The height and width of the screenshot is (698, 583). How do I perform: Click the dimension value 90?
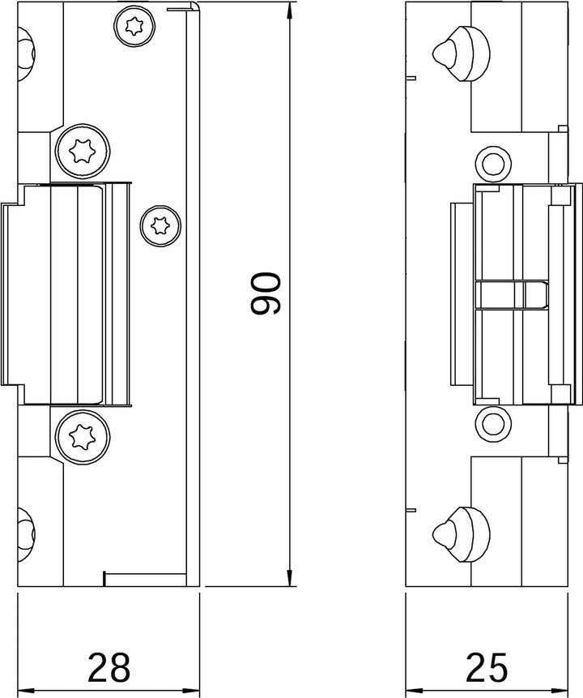click(x=266, y=293)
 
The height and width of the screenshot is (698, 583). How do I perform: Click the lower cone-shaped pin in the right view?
click(x=457, y=532)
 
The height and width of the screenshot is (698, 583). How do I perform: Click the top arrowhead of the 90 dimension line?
click(x=289, y=9)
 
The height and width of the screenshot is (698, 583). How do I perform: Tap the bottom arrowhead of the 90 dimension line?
click(x=289, y=578)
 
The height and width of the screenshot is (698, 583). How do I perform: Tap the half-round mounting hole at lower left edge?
click(x=25, y=530)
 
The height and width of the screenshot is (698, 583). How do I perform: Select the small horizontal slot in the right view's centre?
click(x=511, y=295)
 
